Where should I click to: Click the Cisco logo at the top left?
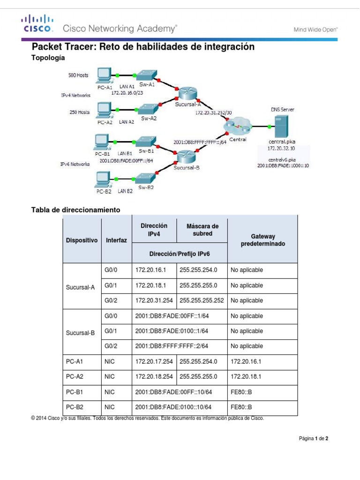(37, 23)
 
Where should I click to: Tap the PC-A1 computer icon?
(104, 75)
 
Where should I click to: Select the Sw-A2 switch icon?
(148, 109)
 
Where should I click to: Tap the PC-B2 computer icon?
(103, 179)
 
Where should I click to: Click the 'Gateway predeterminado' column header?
(262, 240)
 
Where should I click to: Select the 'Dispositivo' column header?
(82, 240)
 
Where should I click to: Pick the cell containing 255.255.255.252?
(201, 300)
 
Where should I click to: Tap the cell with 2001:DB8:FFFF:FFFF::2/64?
(172, 346)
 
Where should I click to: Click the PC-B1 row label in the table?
(75, 391)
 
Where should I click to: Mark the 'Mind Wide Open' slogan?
(315, 29)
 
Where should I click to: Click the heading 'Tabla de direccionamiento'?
(75, 210)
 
